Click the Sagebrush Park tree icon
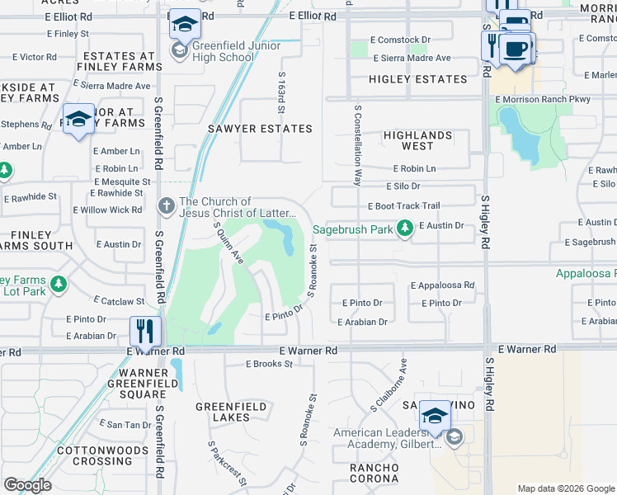coord(404,228)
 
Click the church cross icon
coord(167,204)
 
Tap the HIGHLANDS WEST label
coord(417,140)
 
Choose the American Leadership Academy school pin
coord(435,416)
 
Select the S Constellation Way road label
coord(359,145)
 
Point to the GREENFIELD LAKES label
coord(231,412)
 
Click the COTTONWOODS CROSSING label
coord(92,456)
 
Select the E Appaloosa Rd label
coord(443,285)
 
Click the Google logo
coord(27,485)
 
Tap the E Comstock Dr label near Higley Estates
coord(400,40)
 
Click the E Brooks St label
coord(270,364)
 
